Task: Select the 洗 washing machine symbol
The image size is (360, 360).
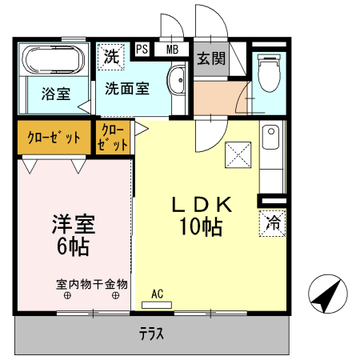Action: [x=111, y=58]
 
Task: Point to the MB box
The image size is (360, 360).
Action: [x=171, y=50]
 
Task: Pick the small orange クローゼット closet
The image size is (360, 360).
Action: [x=114, y=138]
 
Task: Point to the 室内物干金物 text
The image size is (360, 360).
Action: [x=91, y=283]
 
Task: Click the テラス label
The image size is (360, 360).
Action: [x=151, y=334]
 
